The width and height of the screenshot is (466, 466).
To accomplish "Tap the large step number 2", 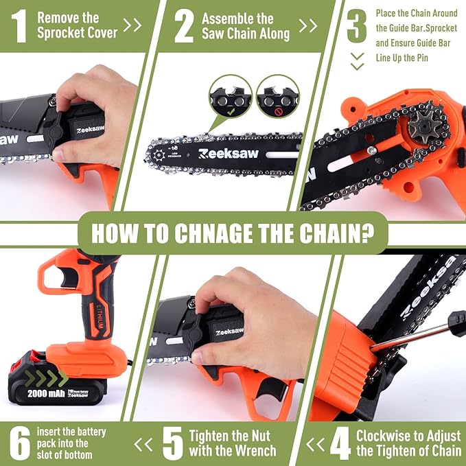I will point(183,25).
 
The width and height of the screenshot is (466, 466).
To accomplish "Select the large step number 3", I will point(356,25).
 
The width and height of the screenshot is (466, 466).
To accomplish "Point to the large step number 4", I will point(340,444).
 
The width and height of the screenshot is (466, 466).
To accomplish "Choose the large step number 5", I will point(172,444).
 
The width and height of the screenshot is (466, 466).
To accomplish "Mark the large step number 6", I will point(18,444).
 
